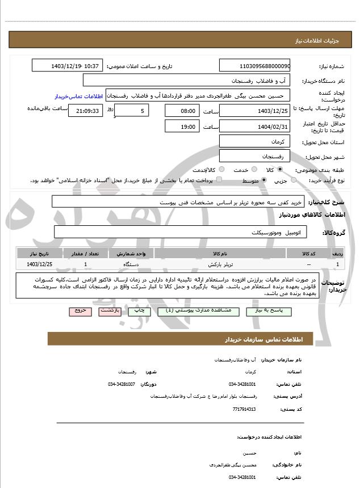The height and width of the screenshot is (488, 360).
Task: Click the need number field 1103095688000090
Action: tap(254, 66)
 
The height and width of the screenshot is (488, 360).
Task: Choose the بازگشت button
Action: tap(108, 312)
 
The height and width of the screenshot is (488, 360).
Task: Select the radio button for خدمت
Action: tap(251, 170)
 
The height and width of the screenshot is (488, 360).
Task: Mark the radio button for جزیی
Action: tap(294, 180)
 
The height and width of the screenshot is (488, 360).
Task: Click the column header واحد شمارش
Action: tap(131, 254)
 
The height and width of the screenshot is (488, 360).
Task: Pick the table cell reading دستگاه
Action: tap(131, 264)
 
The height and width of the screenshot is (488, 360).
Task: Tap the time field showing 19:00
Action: tap(182, 127)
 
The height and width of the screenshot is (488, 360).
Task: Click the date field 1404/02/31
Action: tap(254, 127)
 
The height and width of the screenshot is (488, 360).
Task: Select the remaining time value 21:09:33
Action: tap(87, 111)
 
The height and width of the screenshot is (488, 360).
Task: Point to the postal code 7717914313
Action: tap(245, 409)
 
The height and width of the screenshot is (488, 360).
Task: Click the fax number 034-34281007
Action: tap(122, 384)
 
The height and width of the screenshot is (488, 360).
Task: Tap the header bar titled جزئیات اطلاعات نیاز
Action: tap(180, 40)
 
